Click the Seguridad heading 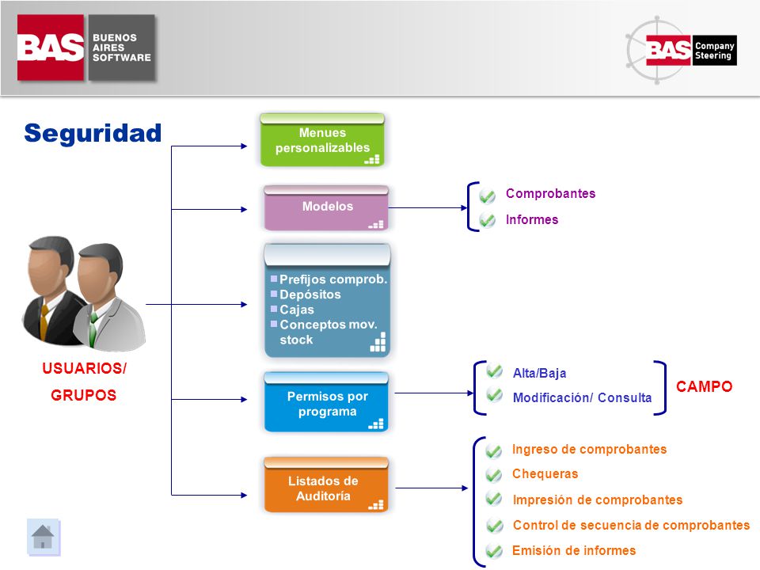pos(93,133)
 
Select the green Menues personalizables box pos(322,140)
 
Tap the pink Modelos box pos(326,207)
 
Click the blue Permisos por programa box pos(326,402)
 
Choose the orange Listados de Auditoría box pos(326,484)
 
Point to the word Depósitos pos(310,294)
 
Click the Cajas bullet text pos(297,310)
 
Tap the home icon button pos(43,537)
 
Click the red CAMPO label pos(705,386)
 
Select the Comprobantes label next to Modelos pos(551,193)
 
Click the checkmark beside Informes pos(488,220)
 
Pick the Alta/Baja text pos(539,373)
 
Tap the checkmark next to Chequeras pos(493,474)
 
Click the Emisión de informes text pos(574,551)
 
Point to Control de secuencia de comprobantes pos(631,525)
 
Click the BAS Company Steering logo pos(682,51)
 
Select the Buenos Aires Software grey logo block pos(122,47)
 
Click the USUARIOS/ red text pos(84,368)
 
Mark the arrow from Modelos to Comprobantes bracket pos(428,208)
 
